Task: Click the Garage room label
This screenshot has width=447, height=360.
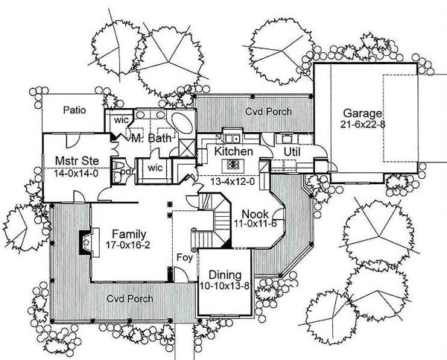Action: pyautogui.click(x=362, y=114)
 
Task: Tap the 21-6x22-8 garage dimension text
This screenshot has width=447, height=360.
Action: pyautogui.click(x=362, y=124)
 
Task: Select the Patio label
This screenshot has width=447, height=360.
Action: pyautogui.click(x=74, y=110)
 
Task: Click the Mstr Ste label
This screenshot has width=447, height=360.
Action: pyautogui.click(x=77, y=161)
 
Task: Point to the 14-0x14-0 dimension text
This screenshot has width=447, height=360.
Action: pyautogui.click(x=76, y=174)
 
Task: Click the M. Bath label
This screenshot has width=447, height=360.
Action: pyautogui.click(x=151, y=139)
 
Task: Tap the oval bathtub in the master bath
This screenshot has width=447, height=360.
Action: pyautogui.click(x=183, y=123)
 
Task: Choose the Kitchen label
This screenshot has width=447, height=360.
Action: pyautogui.click(x=233, y=151)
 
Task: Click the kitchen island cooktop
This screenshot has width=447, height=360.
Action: pyautogui.click(x=233, y=165)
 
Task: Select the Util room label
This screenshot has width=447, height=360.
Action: pyautogui.click(x=292, y=152)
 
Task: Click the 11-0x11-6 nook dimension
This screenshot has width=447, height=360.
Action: pyautogui.click(x=256, y=224)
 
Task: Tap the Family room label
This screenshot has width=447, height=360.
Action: pyautogui.click(x=129, y=234)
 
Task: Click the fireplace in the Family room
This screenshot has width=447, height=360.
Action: pyautogui.click(x=89, y=242)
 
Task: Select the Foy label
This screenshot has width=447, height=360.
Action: pyautogui.click(x=185, y=258)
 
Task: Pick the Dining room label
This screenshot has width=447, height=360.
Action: pyautogui.click(x=225, y=275)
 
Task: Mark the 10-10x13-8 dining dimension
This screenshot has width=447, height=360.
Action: pyautogui.click(x=225, y=285)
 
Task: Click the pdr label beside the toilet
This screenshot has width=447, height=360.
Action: pyautogui.click(x=126, y=172)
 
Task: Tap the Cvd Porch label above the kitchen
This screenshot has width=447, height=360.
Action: pyautogui.click(x=268, y=111)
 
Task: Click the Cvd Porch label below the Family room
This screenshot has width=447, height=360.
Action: pyautogui.click(x=130, y=299)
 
